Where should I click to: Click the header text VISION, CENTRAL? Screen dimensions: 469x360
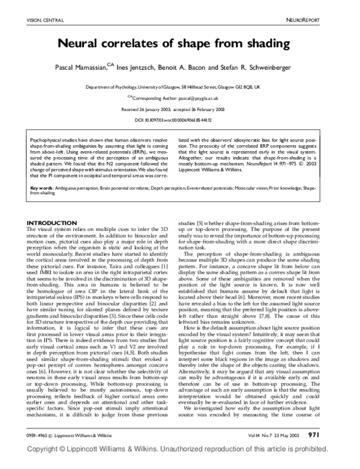pyautogui.click(x=43, y=20)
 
